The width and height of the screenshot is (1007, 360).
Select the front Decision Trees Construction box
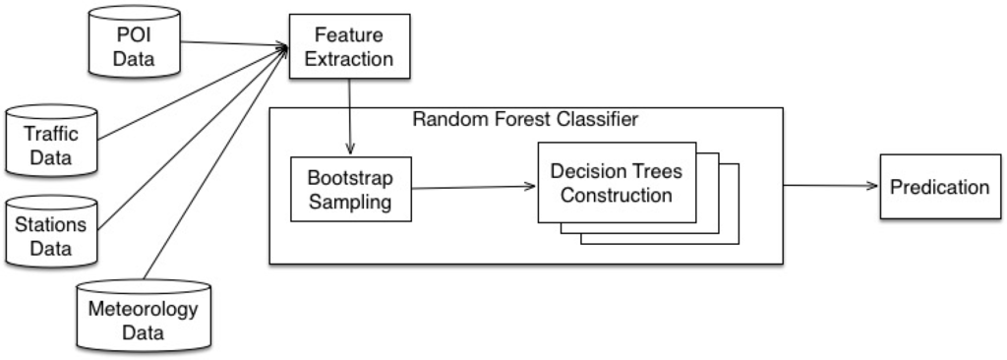point(617,183)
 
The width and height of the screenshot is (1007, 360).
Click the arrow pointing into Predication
point(831,187)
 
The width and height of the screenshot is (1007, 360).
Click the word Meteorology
point(144,310)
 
